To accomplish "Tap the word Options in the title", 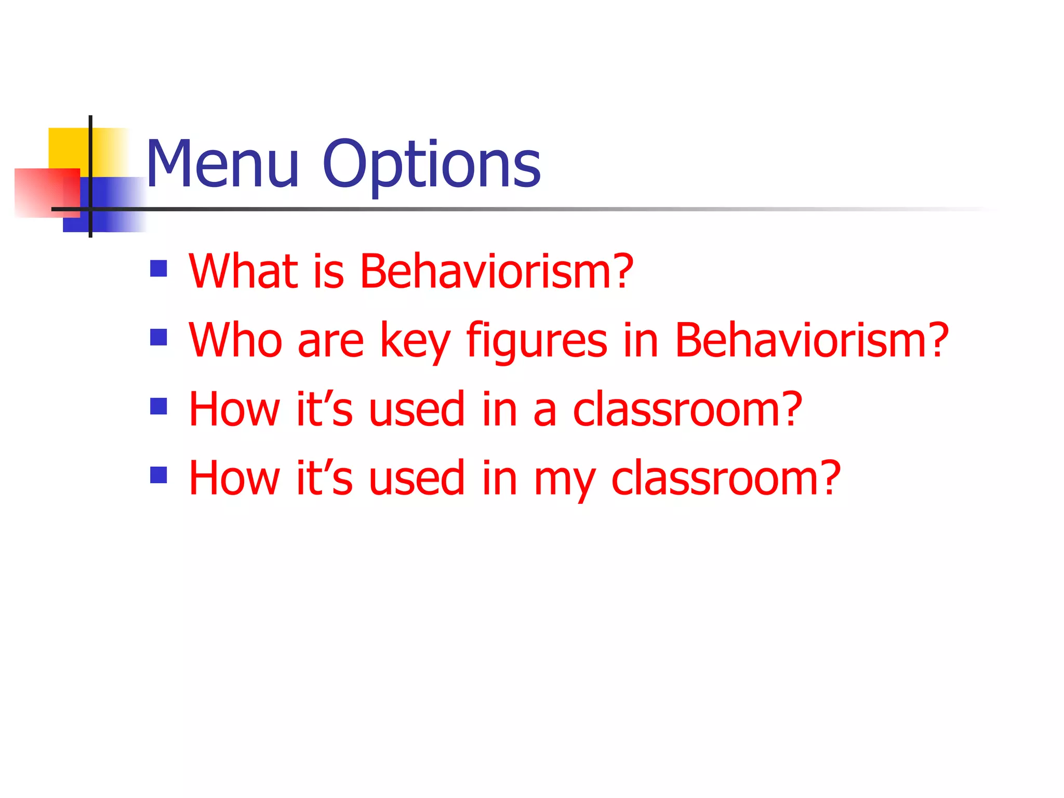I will (431, 165).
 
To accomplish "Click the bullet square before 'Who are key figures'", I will (158, 337).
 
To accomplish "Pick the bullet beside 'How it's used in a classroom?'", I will (158, 406).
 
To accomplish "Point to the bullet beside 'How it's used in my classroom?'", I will (158, 475).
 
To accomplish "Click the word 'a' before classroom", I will (544, 410).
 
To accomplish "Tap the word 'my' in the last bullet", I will (564, 480).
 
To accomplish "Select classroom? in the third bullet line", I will (687, 409).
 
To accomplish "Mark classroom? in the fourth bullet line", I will (726, 478).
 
